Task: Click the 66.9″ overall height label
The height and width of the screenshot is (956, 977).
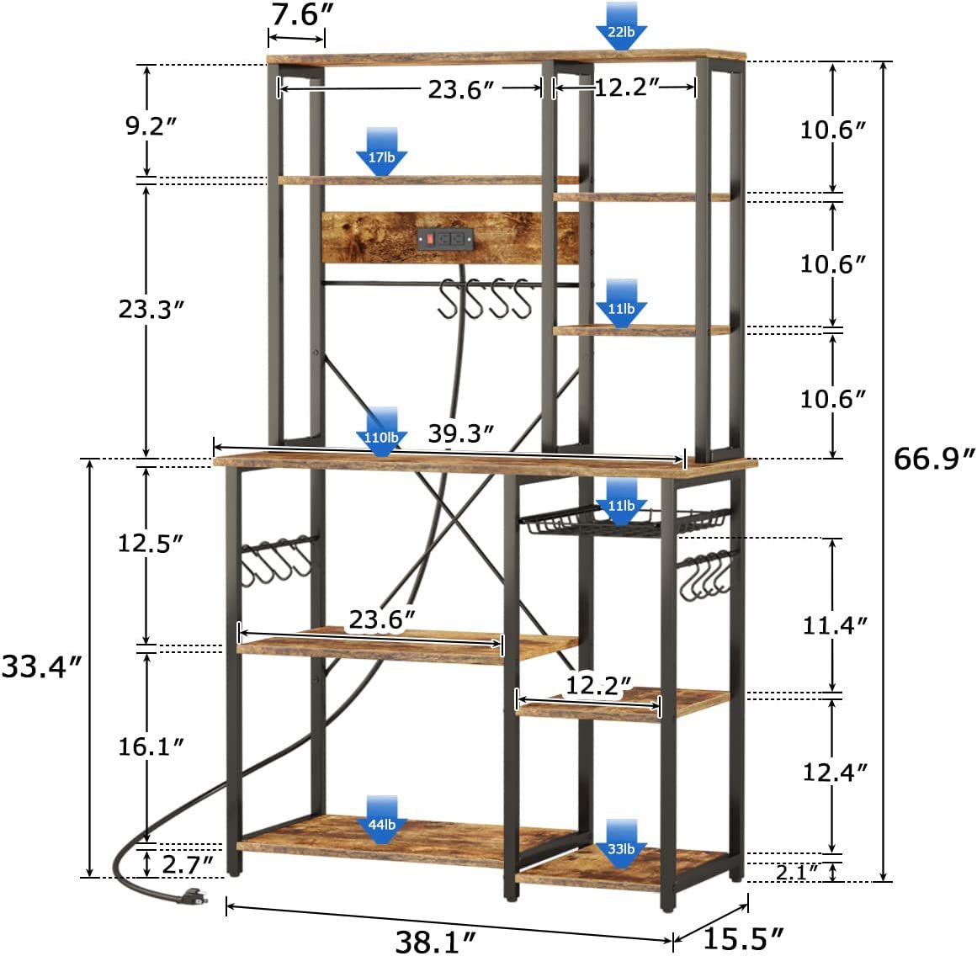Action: (x=933, y=459)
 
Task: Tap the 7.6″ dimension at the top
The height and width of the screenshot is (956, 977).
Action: (x=301, y=14)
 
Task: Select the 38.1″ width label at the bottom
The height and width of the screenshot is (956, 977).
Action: (x=436, y=941)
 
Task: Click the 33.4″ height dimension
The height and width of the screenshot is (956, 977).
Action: (x=42, y=667)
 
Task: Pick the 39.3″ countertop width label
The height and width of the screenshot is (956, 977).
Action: (x=461, y=433)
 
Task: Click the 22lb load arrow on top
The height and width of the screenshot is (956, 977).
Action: (x=621, y=25)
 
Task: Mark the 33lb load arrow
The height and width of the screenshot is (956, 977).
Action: (x=621, y=844)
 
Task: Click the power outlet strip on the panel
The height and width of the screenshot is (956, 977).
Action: (x=445, y=238)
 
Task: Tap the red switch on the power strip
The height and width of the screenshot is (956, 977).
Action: (x=429, y=238)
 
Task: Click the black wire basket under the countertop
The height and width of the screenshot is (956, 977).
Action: (x=625, y=523)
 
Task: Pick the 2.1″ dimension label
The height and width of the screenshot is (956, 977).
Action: (x=797, y=872)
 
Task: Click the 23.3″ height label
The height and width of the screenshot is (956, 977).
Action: (x=151, y=309)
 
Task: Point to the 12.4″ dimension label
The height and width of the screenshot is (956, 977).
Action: (x=835, y=773)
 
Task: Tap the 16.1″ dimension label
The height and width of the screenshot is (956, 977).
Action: (x=151, y=746)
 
